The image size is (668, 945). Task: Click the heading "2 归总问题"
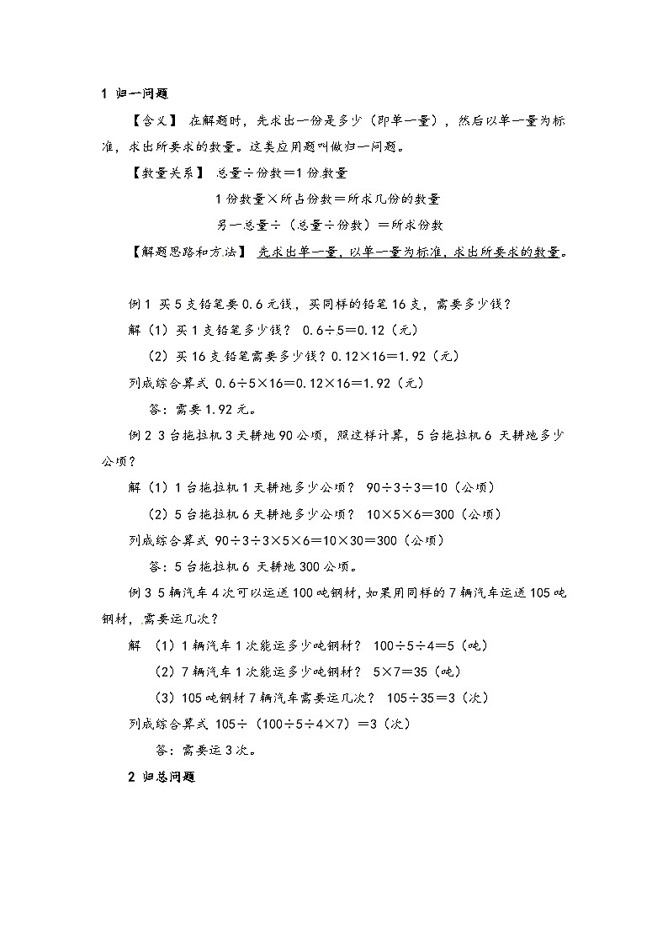tap(162, 778)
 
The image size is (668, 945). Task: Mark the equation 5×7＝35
tap(406, 672)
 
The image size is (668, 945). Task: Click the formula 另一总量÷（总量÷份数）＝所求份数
tap(330, 225)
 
